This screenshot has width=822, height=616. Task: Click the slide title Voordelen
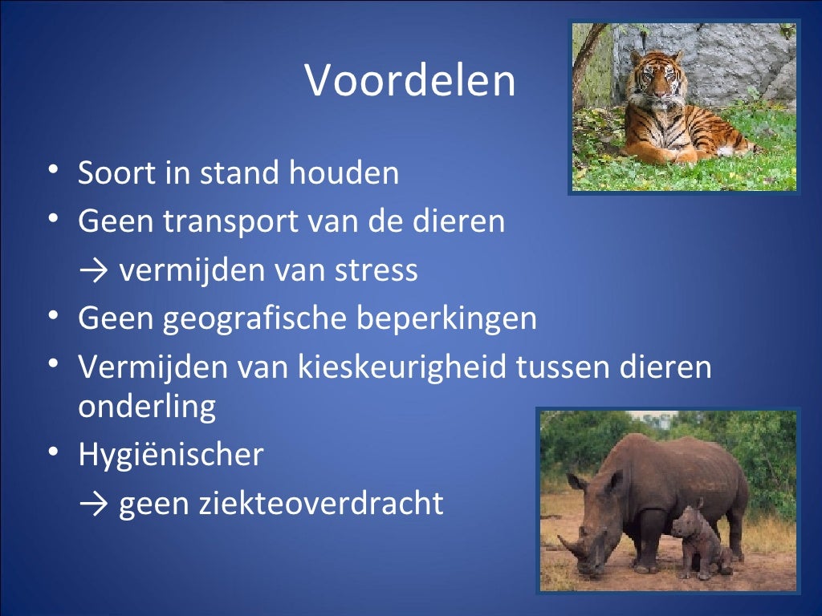click(x=410, y=81)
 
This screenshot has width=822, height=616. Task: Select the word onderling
click(x=147, y=407)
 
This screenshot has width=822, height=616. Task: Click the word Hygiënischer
click(x=170, y=455)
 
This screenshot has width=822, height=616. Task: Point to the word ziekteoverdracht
click(x=281, y=504)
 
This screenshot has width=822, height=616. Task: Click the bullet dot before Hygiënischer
click(x=53, y=453)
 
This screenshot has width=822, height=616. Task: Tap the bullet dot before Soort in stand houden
click(x=53, y=172)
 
